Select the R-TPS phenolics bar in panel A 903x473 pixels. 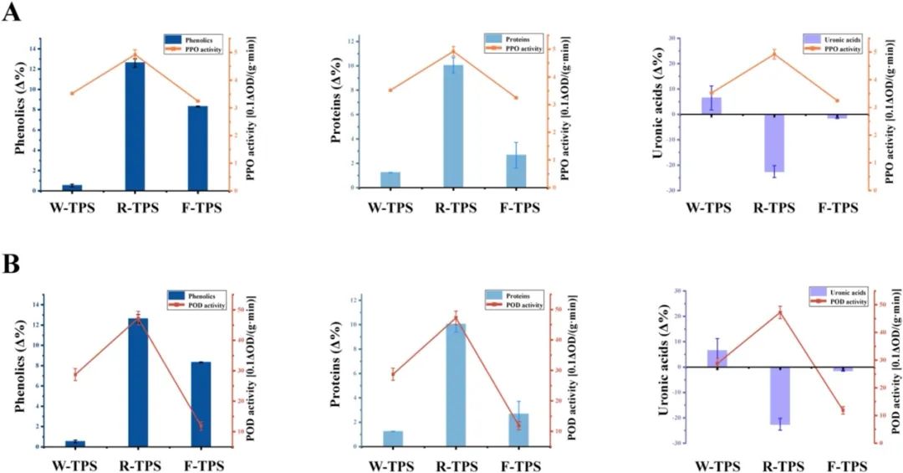135,126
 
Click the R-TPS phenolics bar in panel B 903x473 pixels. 135,382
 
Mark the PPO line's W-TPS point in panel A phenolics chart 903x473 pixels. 73,93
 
